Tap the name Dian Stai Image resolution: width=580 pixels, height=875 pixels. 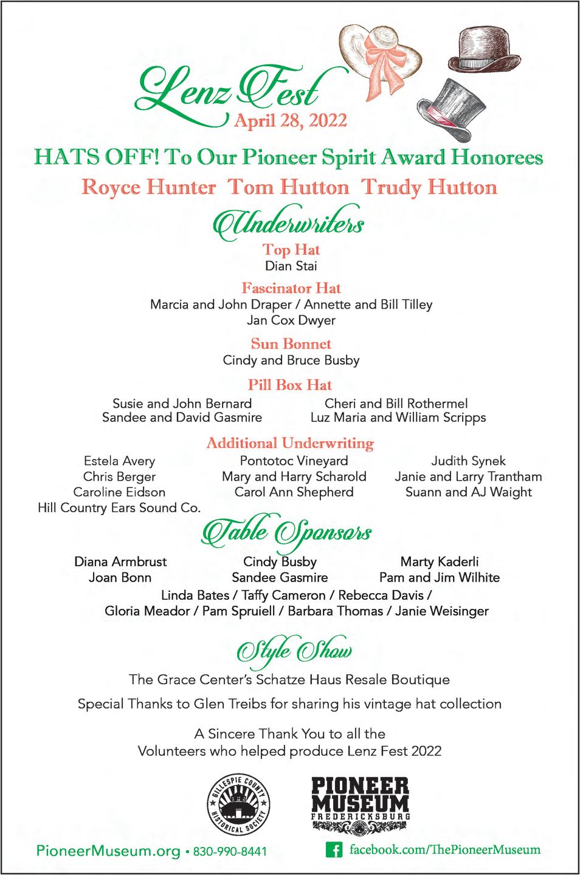click(x=291, y=266)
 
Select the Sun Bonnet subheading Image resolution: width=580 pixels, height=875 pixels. click(x=291, y=344)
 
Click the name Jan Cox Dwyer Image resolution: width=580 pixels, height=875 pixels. click(x=291, y=320)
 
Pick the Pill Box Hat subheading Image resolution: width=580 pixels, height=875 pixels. click(x=290, y=385)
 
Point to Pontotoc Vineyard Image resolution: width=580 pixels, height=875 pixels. click(x=294, y=461)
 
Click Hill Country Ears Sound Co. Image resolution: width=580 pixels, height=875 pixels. click(x=119, y=508)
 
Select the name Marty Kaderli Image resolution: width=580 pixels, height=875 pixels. click(x=440, y=561)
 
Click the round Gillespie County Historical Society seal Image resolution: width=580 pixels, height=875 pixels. click(x=239, y=805)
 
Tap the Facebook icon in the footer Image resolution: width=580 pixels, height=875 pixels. click(x=333, y=849)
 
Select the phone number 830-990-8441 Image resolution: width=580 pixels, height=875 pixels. click(x=230, y=852)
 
